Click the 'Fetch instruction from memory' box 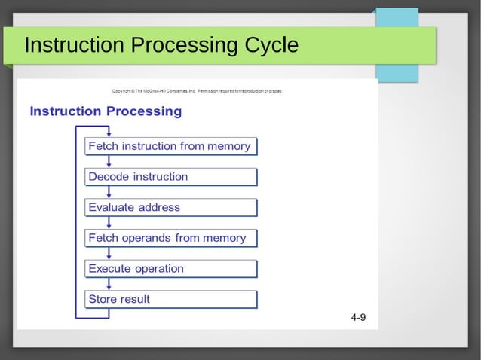click(170, 146)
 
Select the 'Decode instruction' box click(170, 177)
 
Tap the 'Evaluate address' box click(170, 207)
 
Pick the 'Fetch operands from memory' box click(170, 238)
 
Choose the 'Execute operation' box click(170, 269)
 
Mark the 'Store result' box click(170, 299)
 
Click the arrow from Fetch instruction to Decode click(109, 161)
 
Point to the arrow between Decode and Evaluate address click(109, 192)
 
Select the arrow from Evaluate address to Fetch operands click(109, 223)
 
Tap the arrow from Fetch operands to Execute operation click(109, 253)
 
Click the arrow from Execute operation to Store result click(109, 284)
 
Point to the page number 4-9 click(358, 317)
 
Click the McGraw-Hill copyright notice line click(197, 91)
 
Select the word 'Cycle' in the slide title click(272, 46)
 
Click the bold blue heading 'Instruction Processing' click(106, 111)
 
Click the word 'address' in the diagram click(159, 207)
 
